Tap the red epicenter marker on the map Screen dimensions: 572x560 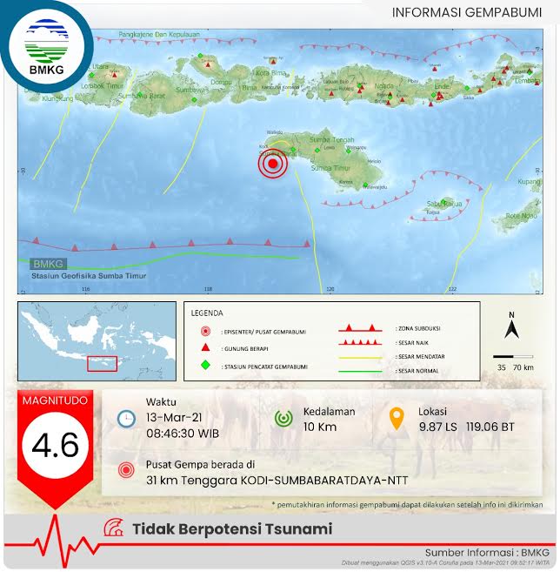273,164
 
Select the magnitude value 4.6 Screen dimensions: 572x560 56,445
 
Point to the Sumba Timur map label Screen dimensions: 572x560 330,167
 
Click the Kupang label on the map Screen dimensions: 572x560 529,182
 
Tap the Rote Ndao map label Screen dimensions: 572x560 522,215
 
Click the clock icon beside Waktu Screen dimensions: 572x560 127,418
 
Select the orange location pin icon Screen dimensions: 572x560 397,418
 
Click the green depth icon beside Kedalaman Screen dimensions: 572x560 283,418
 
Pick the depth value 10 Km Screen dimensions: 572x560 319,427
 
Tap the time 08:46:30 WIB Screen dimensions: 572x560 183,433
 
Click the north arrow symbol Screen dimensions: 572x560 512,328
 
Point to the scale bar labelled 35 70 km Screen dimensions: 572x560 512,356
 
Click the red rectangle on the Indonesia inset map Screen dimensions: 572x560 102,362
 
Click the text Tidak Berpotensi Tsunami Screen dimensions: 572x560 231,528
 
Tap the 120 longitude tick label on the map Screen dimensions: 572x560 330,289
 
